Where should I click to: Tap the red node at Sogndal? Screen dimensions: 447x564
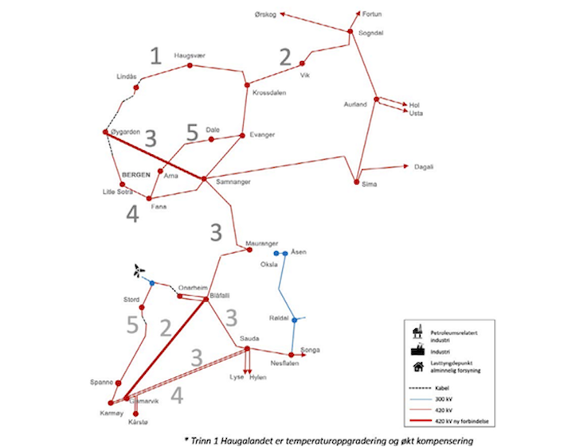coord(350,32)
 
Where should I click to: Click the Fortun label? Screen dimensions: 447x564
coord(373,14)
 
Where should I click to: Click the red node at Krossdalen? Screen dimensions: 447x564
coord(247,84)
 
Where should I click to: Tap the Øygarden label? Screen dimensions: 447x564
coord(129,132)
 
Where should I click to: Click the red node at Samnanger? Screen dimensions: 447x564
coord(204,179)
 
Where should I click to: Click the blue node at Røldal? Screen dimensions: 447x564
coord(294,320)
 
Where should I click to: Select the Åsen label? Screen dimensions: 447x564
coord(298,252)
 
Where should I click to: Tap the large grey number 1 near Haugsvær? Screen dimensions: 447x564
coord(156,55)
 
